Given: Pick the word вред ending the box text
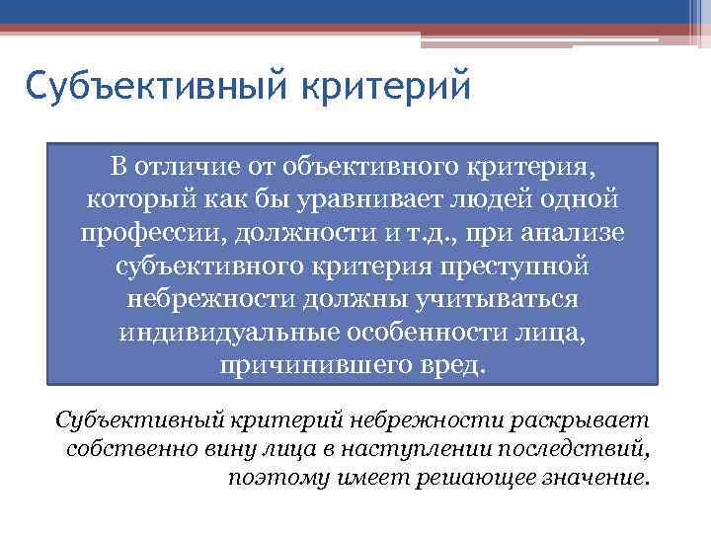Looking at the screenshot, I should click(457, 364).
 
